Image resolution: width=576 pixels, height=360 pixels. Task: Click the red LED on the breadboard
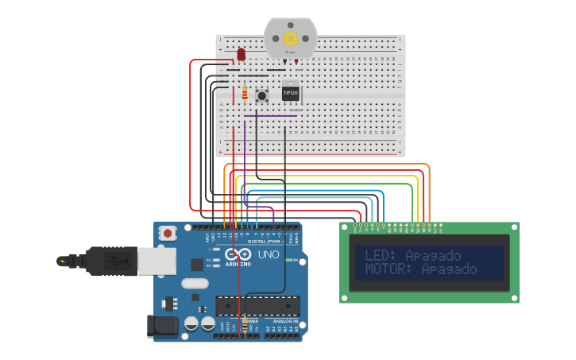[x=240, y=55]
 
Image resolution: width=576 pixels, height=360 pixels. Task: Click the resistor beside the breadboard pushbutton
[x=245, y=94]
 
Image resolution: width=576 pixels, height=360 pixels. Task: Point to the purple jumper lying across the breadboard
[x=270, y=116]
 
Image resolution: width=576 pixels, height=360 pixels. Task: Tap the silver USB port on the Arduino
[x=156, y=261]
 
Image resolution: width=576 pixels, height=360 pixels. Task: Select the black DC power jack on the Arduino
[x=162, y=326]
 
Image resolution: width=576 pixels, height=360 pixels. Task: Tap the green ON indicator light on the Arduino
[x=290, y=261]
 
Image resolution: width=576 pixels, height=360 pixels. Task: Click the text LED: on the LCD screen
[x=382, y=255]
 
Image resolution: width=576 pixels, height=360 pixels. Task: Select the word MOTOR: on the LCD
[x=390, y=269]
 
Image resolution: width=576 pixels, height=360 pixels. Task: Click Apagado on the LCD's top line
[x=433, y=255]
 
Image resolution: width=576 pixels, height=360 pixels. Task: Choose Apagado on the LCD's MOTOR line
[x=449, y=269]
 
